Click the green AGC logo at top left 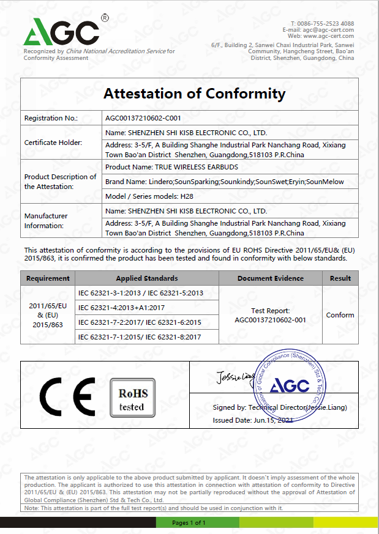coord(61,31)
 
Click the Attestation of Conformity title coord(194,94)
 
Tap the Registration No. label coord(51,118)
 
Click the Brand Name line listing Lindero coord(225,182)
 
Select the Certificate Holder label coord(53,143)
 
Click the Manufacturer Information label coord(46,221)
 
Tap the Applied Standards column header coord(147,278)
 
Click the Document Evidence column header coord(270,278)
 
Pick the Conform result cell coord(340,315)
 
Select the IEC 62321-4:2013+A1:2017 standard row coord(121,307)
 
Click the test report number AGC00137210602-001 coord(270,319)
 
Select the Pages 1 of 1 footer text coord(189,522)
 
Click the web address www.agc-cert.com coord(329,36)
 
